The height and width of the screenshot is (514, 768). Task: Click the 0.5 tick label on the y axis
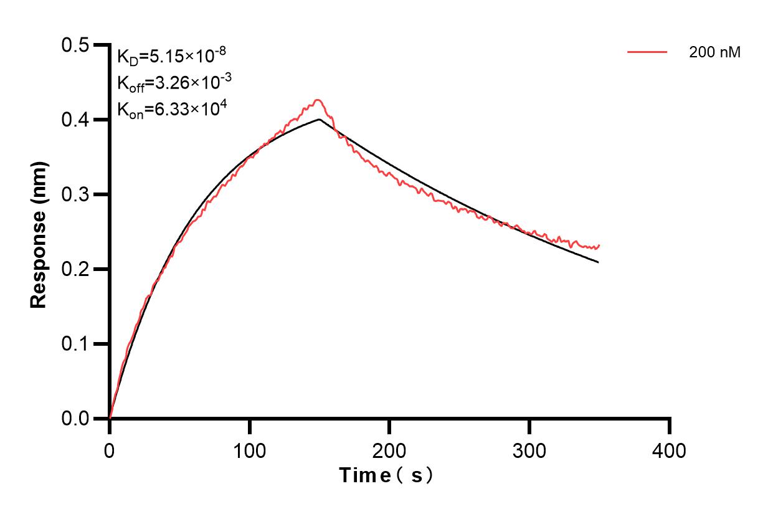(75, 45)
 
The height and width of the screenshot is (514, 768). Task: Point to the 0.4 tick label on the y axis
(75, 120)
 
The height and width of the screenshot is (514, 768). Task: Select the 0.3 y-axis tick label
(75, 195)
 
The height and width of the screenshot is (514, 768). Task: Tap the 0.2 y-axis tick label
(75, 270)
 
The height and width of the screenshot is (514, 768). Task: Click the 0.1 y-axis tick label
(75, 345)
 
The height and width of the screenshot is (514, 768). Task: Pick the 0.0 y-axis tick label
(75, 419)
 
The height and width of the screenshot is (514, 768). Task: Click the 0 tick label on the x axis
(110, 450)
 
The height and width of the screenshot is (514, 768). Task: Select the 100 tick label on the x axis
(249, 450)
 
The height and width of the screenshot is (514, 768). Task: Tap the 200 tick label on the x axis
(389, 450)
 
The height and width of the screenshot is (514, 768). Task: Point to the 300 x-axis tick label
(529, 450)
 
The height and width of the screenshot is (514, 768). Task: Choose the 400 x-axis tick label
(669, 450)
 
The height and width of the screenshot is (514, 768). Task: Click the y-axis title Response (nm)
(39, 234)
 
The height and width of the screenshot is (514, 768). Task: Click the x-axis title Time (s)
(386, 476)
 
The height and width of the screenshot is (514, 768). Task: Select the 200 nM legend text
(714, 53)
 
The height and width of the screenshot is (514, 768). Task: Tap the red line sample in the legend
(647, 53)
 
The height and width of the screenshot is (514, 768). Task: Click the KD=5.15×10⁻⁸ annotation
(171, 57)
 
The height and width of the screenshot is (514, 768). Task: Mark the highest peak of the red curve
(318, 100)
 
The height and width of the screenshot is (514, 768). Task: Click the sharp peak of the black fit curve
(319, 119)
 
